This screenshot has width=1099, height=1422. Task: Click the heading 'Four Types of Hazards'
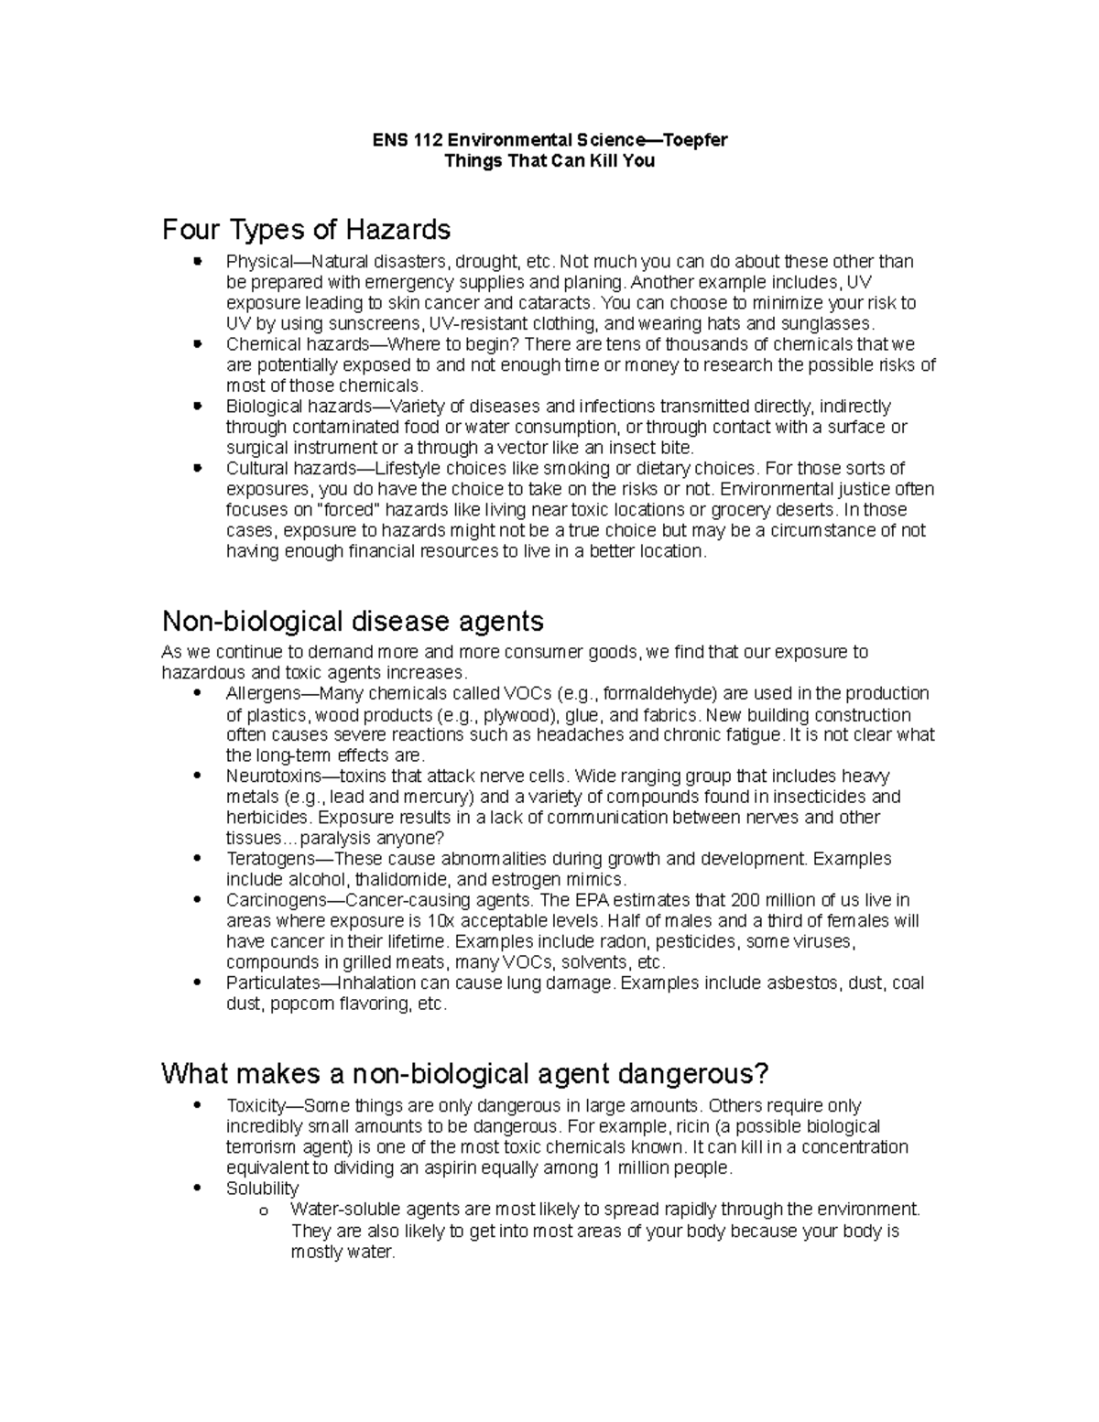tap(306, 229)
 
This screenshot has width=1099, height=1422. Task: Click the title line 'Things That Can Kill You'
tap(549, 161)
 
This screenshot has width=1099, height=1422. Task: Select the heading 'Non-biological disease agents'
tap(353, 621)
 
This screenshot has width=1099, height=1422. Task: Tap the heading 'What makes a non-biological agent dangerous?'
tap(464, 1073)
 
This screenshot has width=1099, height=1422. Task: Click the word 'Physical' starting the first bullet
tap(257, 262)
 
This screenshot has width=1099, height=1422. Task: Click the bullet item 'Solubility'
tap(262, 1189)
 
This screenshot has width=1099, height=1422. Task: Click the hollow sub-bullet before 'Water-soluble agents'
tap(263, 1211)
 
